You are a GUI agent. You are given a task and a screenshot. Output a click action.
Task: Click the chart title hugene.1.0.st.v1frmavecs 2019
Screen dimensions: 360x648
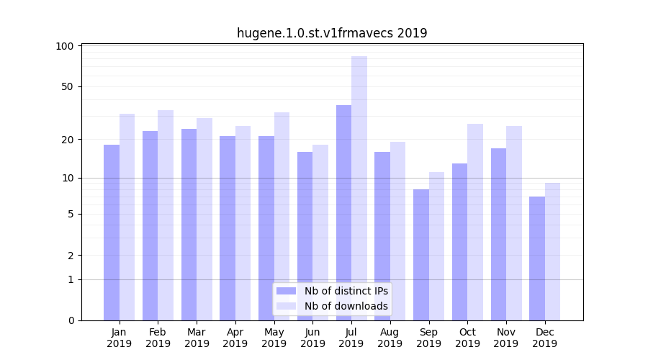click(x=332, y=33)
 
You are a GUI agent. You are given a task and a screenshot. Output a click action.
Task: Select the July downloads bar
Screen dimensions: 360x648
click(x=359, y=188)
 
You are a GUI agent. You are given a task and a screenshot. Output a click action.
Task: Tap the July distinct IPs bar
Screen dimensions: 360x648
click(x=343, y=212)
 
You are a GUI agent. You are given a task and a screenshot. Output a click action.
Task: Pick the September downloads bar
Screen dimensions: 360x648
click(x=436, y=246)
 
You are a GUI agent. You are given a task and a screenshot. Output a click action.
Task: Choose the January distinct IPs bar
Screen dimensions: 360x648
click(x=112, y=232)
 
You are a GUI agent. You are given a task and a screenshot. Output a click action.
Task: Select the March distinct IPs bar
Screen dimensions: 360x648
click(x=189, y=224)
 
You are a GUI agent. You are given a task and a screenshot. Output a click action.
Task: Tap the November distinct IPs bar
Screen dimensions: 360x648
click(x=498, y=234)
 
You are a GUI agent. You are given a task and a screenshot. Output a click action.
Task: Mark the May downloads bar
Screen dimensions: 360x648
click(x=282, y=216)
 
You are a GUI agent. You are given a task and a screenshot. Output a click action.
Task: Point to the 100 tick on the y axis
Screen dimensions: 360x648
click(x=65, y=46)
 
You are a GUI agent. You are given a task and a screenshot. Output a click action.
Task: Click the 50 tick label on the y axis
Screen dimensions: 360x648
click(x=67, y=86)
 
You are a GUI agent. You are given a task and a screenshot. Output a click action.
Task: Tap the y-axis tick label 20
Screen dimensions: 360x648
click(x=67, y=139)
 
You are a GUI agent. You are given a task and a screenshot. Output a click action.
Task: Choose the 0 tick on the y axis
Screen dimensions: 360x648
click(x=70, y=320)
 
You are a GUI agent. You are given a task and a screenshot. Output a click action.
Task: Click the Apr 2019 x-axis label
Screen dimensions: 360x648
click(x=235, y=338)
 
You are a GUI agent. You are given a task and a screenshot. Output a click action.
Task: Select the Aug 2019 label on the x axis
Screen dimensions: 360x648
click(x=390, y=338)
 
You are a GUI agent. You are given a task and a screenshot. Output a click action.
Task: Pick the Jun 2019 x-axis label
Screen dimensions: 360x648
click(x=312, y=338)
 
